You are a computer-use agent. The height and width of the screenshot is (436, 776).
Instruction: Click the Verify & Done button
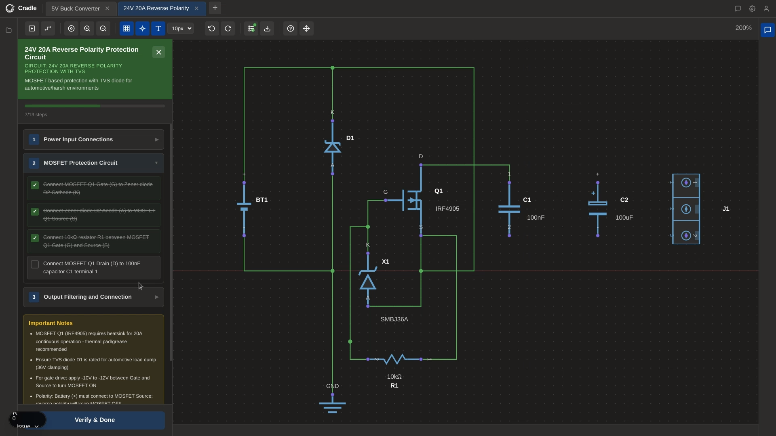(x=95, y=420)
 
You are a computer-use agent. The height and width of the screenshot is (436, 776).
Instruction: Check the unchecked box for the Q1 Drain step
(x=35, y=264)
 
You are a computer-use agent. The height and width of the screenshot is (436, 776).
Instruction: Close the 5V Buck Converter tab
(x=107, y=8)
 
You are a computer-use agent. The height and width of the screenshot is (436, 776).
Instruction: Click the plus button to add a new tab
(x=215, y=8)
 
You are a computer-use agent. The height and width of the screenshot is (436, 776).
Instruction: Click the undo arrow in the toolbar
(x=211, y=29)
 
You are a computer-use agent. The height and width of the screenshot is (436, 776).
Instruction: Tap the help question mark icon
(x=290, y=29)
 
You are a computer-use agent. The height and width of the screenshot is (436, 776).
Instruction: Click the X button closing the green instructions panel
(x=158, y=52)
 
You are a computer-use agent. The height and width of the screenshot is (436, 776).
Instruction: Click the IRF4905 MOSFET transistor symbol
(x=412, y=200)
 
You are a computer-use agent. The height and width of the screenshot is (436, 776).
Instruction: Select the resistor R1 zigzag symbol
(x=394, y=359)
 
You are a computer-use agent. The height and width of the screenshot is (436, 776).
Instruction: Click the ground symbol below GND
(x=332, y=406)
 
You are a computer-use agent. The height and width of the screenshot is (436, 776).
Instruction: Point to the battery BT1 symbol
(x=244, y=206)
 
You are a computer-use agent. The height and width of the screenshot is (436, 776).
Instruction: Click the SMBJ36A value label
(x=394, y=319)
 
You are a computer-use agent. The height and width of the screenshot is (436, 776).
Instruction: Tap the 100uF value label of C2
(x=624, y=218)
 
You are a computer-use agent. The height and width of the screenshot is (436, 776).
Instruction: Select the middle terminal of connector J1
(x=686, y=209)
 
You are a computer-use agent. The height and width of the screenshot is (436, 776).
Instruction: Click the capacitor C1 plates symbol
(x=509, y=209)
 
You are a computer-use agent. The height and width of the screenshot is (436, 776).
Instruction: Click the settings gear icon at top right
(x=752, y=8)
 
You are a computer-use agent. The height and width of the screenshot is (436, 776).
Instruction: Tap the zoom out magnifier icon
(x=103, y=29)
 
